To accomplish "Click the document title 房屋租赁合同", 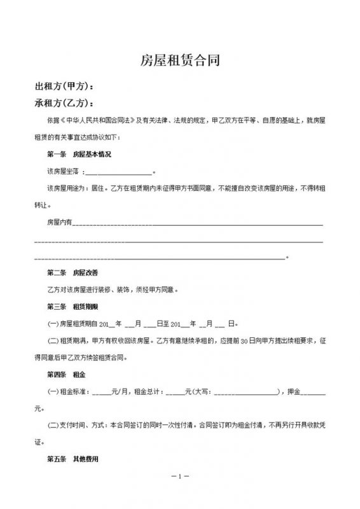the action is tap(180, 60).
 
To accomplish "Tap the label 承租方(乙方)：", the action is tap(67, 103).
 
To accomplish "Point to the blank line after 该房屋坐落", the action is tap(118, 172).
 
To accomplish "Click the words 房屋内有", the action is tap(60, 223).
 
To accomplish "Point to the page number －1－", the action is tap(180, 477).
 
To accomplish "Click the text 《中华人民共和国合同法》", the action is tap(90, 120).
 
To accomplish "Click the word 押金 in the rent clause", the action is tap(297, 391).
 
